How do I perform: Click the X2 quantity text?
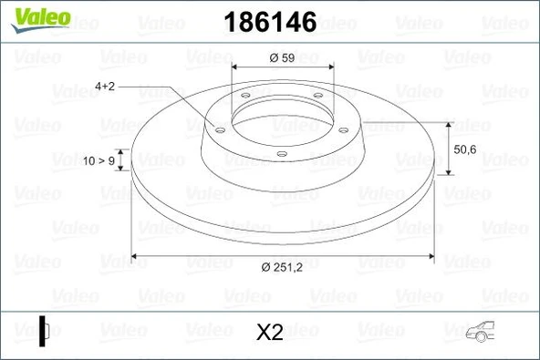tap(270, 333)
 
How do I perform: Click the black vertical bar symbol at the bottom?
tap(41, 329)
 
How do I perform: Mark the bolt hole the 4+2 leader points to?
tap(217, 129)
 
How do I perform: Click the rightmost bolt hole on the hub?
tap(343, 129)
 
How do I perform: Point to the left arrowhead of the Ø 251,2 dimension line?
tap(137, 255)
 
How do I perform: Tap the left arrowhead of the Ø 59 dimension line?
tap(236, 67)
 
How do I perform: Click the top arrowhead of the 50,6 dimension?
tap(450, 123)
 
